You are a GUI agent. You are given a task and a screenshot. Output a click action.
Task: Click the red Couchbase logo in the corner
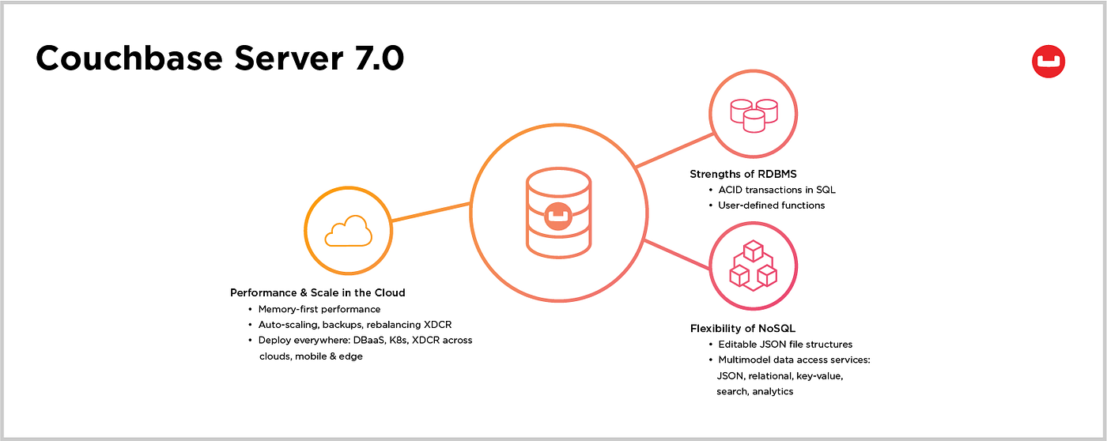1048,62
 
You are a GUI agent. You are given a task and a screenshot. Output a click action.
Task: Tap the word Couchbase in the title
130,58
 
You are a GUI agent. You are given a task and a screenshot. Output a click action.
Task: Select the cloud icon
349,231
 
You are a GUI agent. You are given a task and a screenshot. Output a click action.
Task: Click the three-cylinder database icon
754,115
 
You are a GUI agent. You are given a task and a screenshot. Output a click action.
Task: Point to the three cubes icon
753,266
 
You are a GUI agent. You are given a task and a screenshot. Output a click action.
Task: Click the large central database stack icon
558,213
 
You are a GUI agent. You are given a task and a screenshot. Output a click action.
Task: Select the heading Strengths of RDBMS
742,174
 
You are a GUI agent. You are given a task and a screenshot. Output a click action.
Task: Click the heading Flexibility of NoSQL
742,329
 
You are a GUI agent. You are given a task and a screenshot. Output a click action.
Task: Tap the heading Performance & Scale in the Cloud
317,293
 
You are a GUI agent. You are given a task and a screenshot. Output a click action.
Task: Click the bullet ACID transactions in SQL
776,190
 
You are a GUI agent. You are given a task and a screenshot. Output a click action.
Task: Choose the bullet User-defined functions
771,205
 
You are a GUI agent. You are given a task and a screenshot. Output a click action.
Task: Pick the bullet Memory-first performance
319,309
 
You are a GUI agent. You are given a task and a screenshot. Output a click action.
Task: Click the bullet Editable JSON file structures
785,345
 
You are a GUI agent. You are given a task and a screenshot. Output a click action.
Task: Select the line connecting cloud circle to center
430,212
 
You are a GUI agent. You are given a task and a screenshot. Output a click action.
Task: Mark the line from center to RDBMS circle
674,150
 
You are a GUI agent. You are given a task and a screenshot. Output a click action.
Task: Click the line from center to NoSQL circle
677,254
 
